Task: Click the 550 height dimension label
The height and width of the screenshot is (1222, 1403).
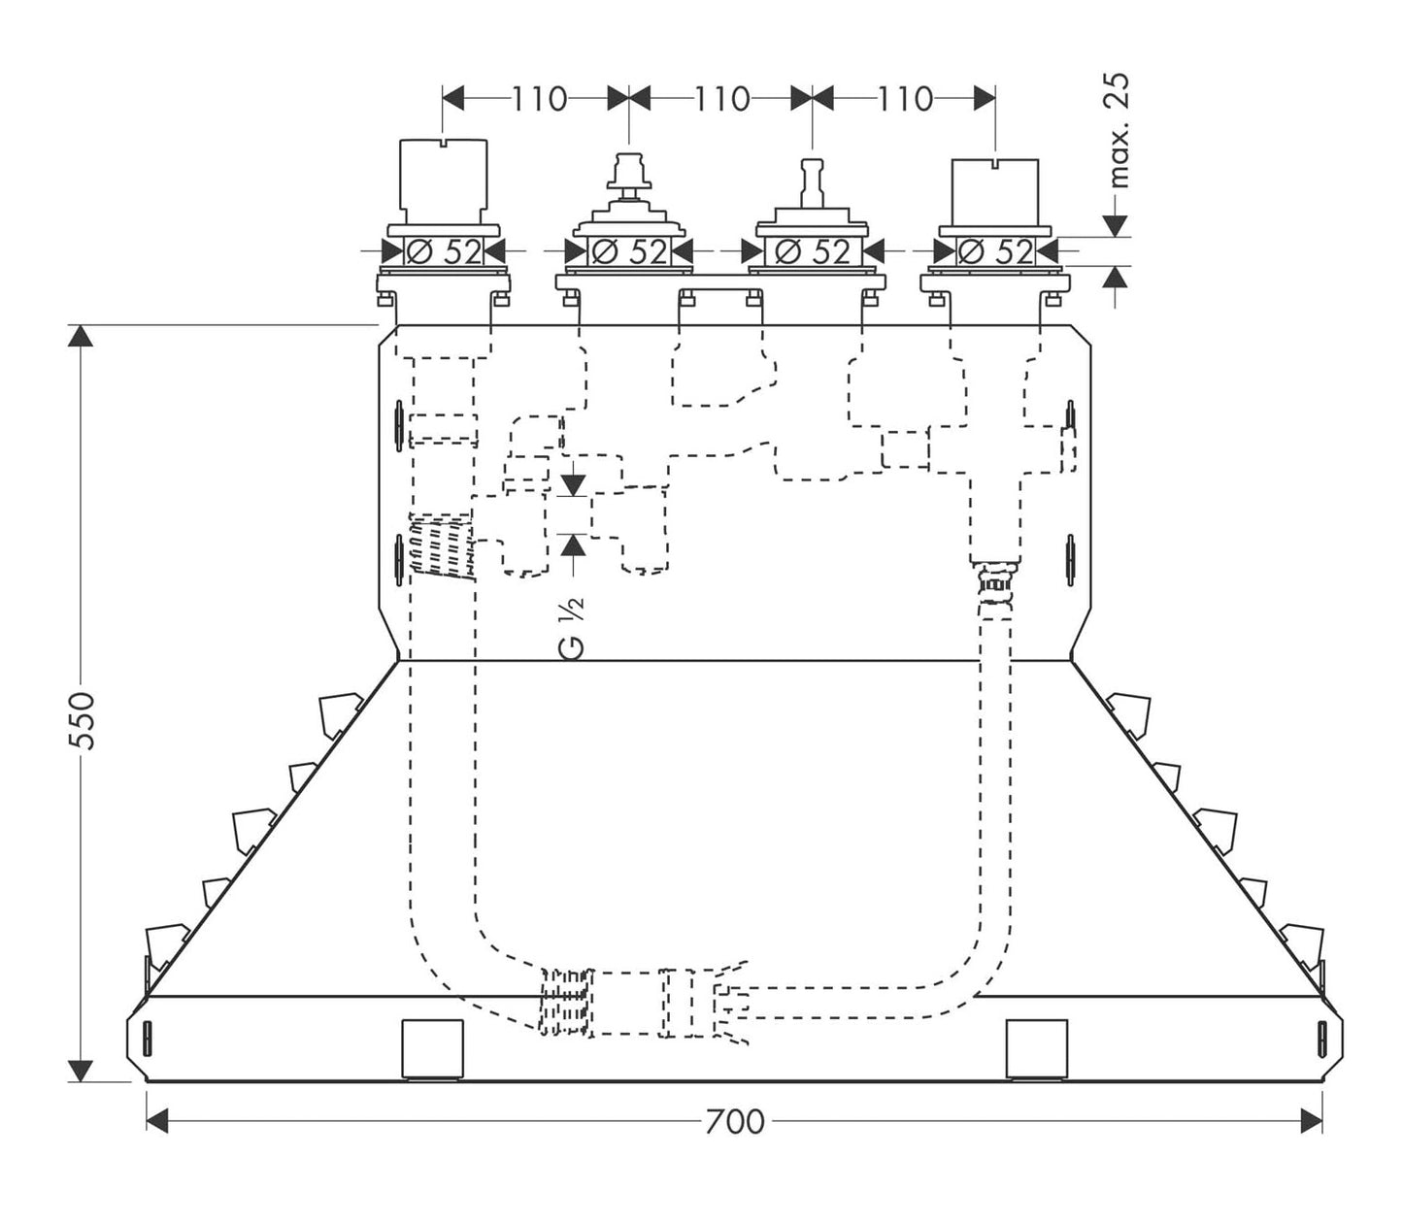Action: tap(83, 720)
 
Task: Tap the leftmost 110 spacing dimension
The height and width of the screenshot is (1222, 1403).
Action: tap(539, 99)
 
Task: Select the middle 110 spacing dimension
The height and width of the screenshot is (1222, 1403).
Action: tap(721, 99)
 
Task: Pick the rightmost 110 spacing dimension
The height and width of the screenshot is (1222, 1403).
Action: tap(905, 99)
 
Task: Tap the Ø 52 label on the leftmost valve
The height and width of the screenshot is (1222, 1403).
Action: tap(444, 252)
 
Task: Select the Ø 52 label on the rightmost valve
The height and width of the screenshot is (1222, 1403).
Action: tap(995, 252)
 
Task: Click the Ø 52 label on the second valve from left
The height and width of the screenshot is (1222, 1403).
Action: tap(629, 252)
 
